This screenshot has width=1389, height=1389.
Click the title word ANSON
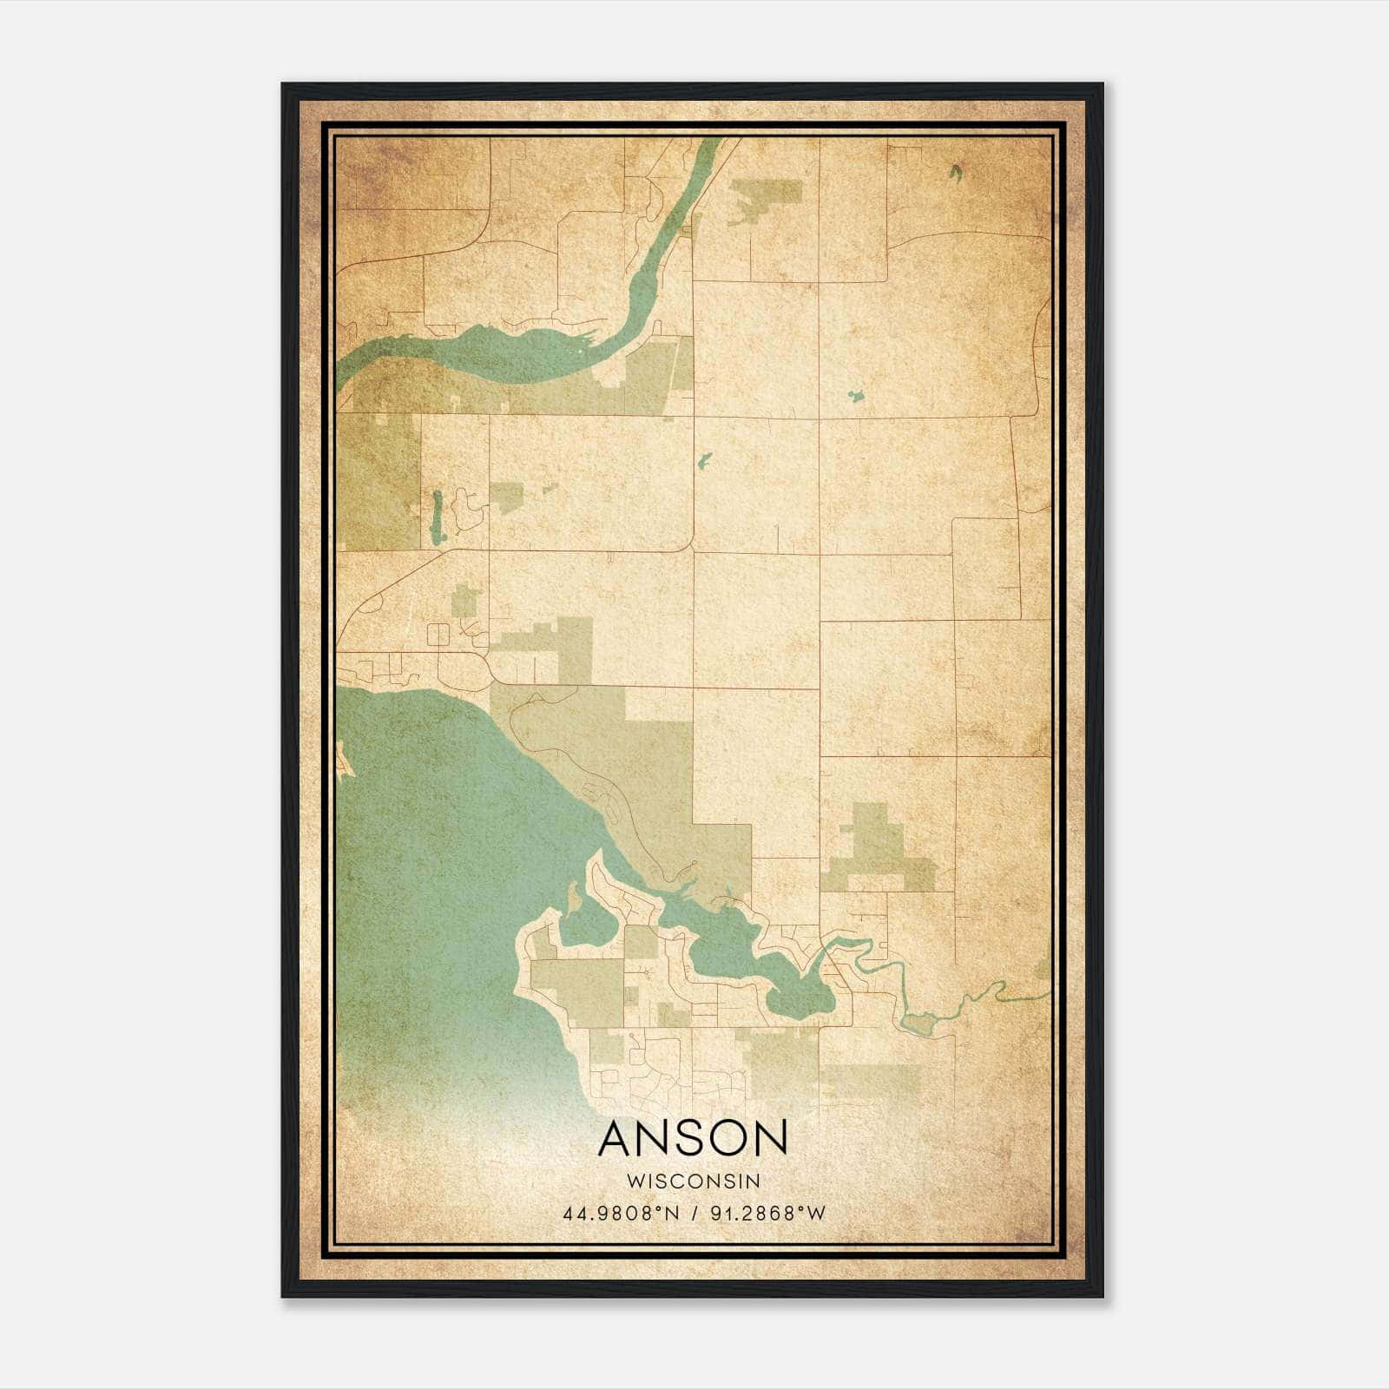(693, 1138)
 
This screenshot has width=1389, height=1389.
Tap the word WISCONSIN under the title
(693, 1182)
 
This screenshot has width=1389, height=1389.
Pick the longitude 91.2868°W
(768, 1214)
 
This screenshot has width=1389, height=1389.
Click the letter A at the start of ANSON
(617, 1138)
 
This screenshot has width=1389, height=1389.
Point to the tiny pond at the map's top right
(955, 172)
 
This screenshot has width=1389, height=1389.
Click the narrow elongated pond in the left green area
(437, 517)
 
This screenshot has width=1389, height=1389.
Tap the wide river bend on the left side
(486, 352)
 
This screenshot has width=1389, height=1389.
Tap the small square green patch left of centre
(507, 498)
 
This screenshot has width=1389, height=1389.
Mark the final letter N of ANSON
(771, 1138)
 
